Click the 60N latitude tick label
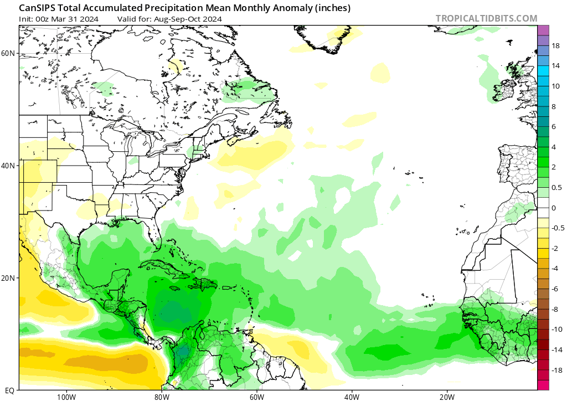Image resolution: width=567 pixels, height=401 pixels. pyautogui.click(x=8, y=53)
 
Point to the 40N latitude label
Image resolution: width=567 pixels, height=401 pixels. pyautogui.click(x=8, y=166)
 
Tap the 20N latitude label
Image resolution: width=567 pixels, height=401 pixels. pyautogui.click(x=8, y=278)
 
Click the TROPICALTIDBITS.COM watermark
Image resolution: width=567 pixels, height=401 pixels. pyautogui.click(x=486, y=18)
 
